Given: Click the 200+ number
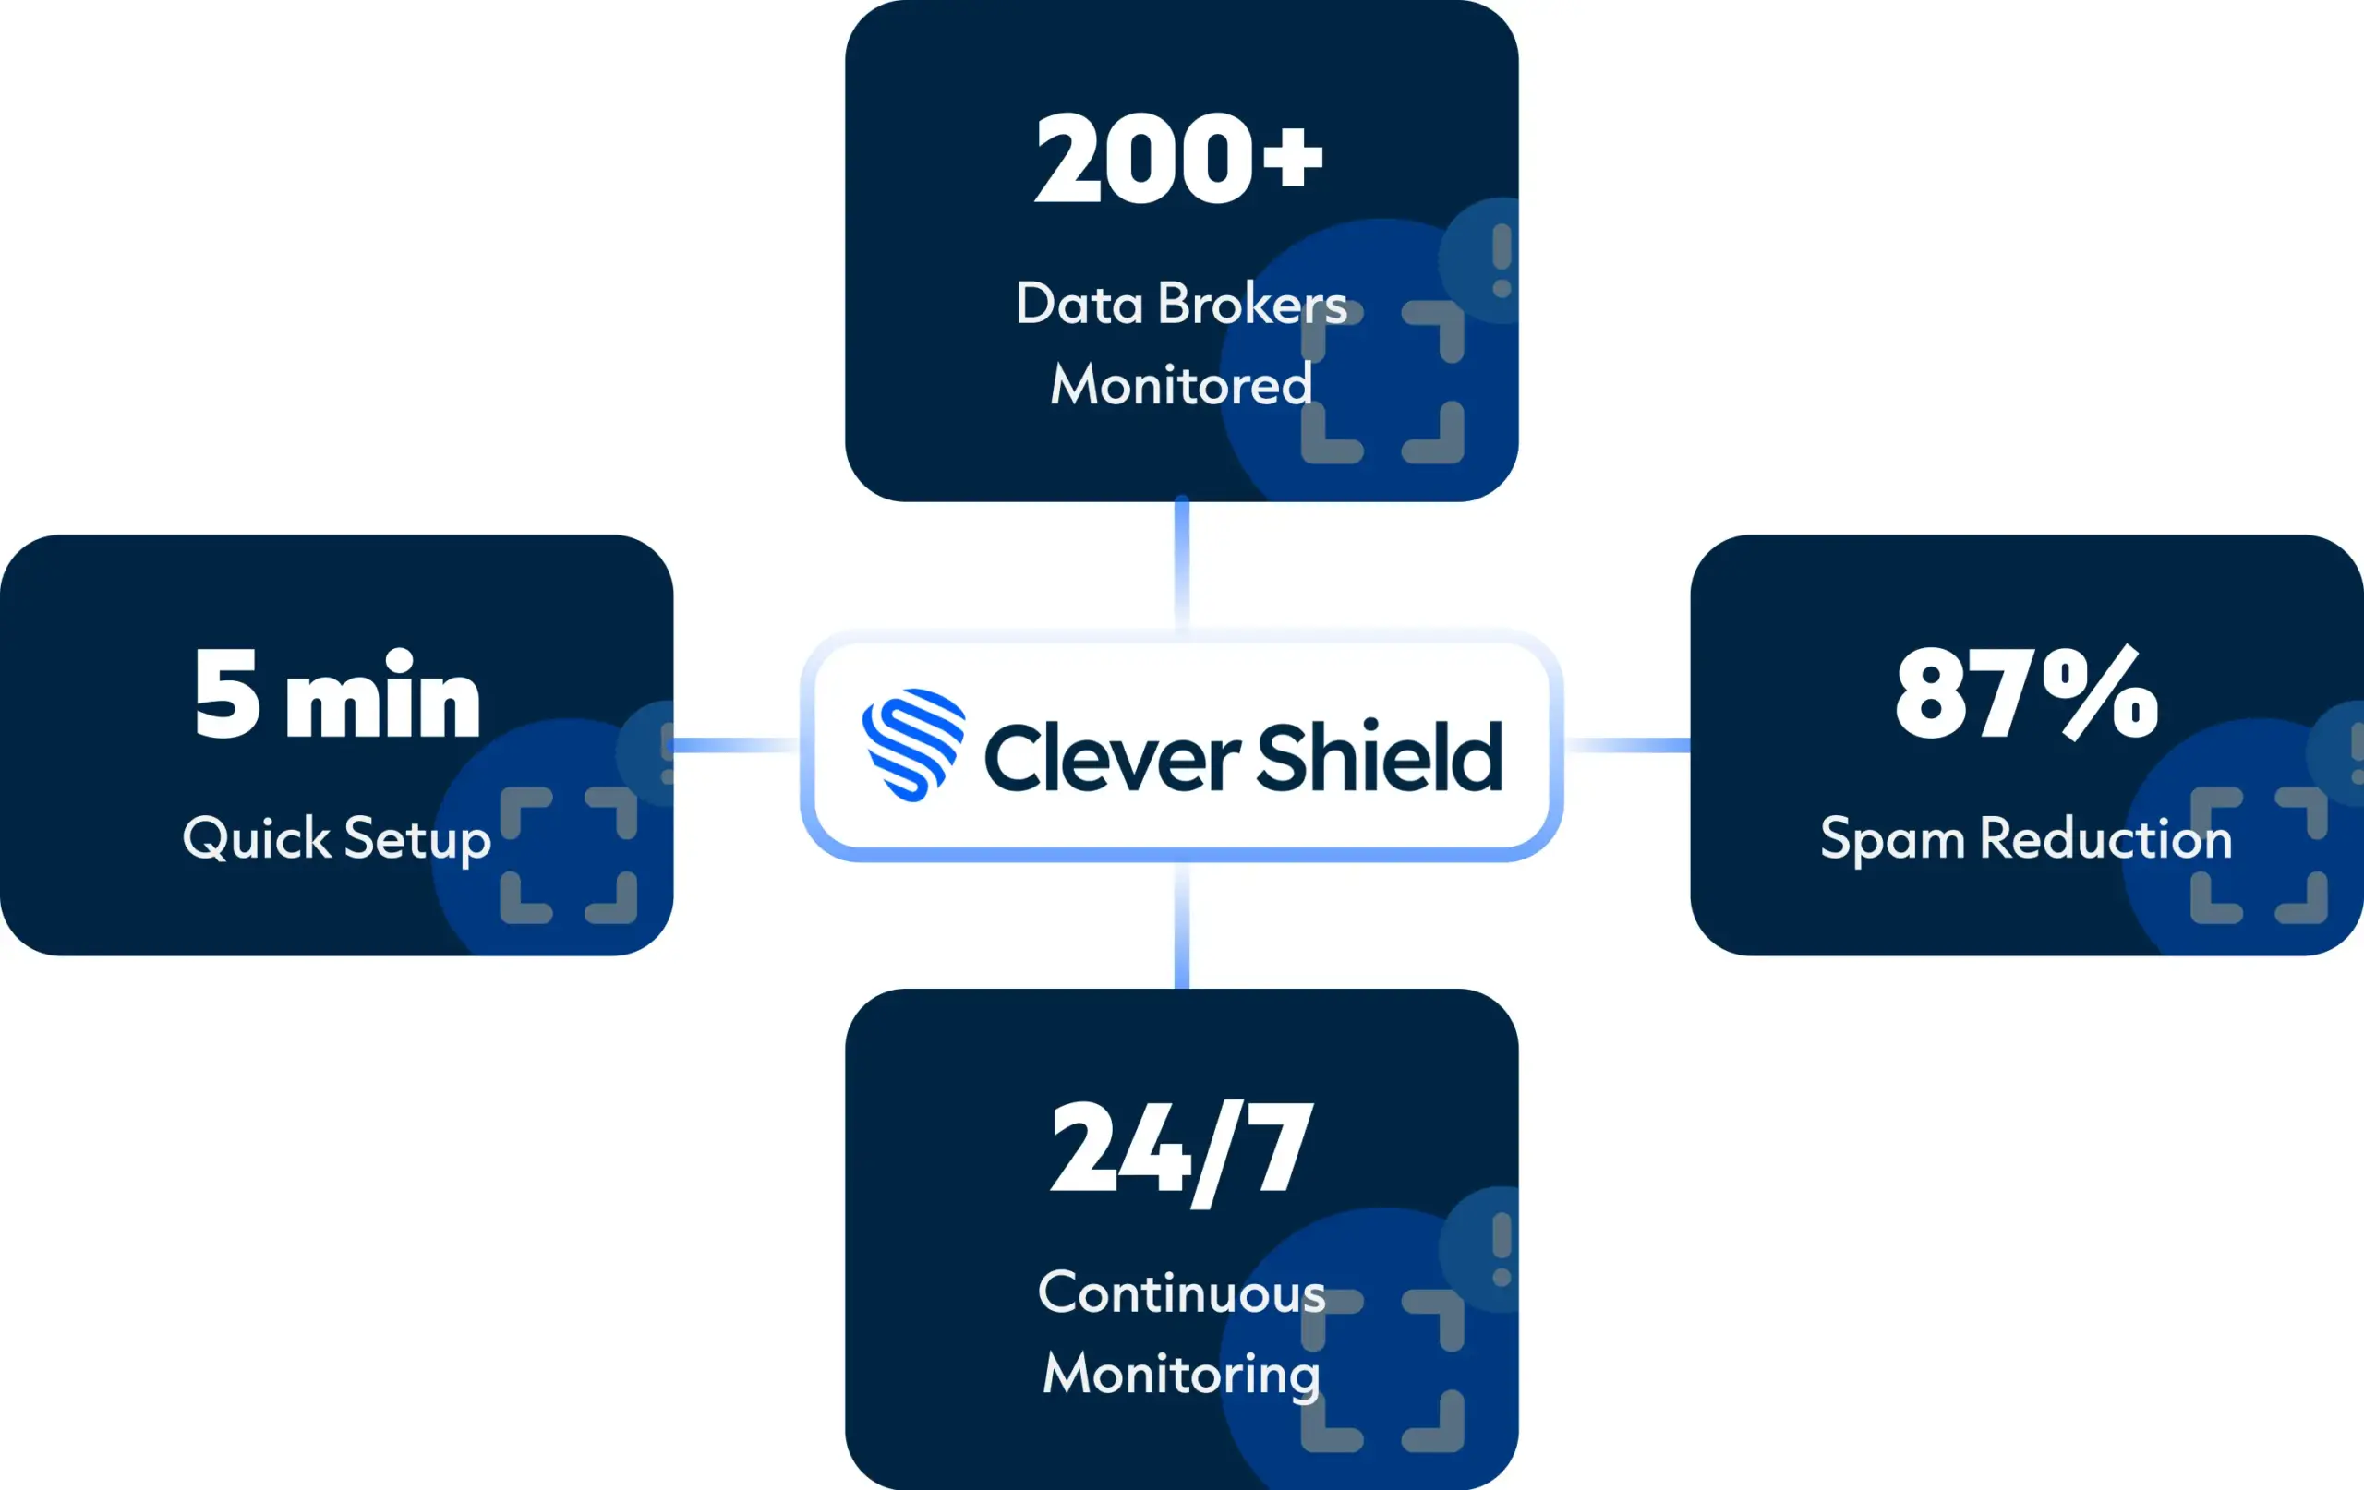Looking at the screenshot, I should (1179, 158).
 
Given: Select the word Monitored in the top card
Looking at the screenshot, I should (1181, 384).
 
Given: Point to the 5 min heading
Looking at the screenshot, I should (337, 695).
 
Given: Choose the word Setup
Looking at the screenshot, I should (417, 840).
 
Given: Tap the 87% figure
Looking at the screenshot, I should (2026, 695).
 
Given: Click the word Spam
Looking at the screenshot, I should (1892, 840).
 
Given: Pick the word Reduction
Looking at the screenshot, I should (2105, 838).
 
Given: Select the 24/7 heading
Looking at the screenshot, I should (1181, 1148).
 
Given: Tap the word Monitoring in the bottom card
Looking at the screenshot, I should (1181, 1375).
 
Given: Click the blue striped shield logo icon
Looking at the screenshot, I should (913, 745).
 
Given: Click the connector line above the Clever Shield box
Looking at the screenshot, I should (1182, 564).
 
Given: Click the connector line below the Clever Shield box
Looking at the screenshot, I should (1182, 925).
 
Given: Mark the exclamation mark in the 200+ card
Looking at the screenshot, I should (1502, 260).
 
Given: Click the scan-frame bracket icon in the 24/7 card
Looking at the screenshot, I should (1382, 1370).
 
